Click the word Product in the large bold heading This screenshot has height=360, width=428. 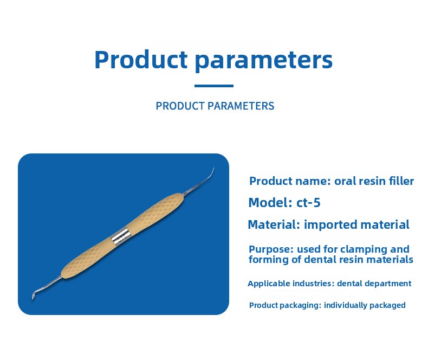point(141,59)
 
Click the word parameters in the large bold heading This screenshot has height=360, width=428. point(264,61)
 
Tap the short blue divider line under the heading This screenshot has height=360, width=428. point(214,86)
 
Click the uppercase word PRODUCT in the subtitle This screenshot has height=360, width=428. point(180,106)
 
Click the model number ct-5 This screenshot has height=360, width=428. point(308,203)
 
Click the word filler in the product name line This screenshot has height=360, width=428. point(404,181)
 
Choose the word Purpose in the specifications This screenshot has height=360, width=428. point(271,249)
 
